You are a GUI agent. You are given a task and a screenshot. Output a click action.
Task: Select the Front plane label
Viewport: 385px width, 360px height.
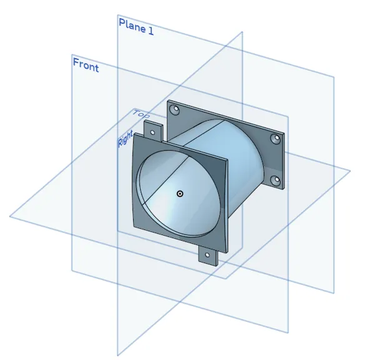[x=86, y=64]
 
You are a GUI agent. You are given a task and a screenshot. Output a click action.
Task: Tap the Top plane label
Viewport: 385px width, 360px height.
[x=141, y=115]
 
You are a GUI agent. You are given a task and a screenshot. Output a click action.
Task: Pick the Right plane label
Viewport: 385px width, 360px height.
[x=126, y=141]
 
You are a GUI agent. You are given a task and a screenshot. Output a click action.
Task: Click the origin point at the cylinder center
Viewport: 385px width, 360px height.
[x=179, y=194]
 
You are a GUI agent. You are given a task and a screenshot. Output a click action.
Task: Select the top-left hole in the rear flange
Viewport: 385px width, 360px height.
[x=175, y=110]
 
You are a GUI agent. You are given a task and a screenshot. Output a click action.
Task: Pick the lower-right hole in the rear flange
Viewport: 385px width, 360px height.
[x=276, y=180]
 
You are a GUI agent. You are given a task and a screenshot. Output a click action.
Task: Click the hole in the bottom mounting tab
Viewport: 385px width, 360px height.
[x=207, y=254]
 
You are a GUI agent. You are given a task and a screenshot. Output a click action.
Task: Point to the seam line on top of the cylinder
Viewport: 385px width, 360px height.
[x=203, y=131]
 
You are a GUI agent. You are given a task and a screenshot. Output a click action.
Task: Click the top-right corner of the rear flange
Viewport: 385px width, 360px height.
[x=286, y=133]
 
